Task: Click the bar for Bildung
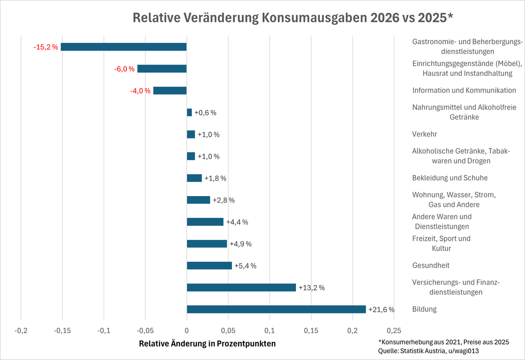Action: click(x=276, y=309)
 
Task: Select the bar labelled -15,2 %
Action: click(x=123, y=47)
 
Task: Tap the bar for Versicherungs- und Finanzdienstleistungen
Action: click(x=241, y=288)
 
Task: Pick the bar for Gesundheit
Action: click(x=209, y=266)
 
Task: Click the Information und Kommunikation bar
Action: click(x=170, y=90)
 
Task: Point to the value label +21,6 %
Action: click(x=382, y=309)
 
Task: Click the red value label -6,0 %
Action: click(x=124, y=69)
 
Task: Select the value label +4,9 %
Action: click(x=241, y=244)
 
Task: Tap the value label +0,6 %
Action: click(x=205, y=113)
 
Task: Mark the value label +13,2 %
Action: click(x=312, y=288)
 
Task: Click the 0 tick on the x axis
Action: click(x=187, y=330)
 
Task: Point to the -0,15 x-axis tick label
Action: click(x=63, y=330)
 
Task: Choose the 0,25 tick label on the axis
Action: click(x=394, y=330)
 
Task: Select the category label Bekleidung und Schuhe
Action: click(x=450, y=178)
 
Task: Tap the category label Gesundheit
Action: click(x=431, y=266)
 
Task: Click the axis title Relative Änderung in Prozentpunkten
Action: click(x=207, y=343)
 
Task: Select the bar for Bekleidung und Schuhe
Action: click(x=194, y=178)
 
